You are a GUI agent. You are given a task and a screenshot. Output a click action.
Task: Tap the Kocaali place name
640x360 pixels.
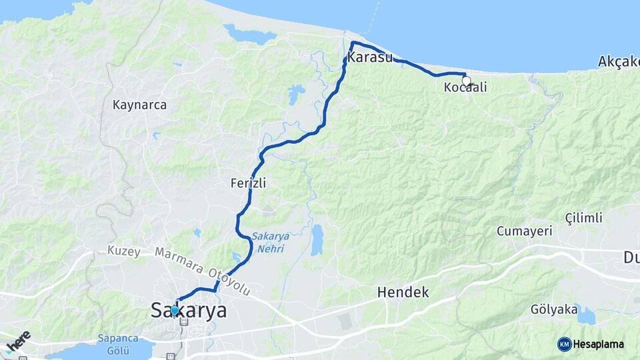(465, 87)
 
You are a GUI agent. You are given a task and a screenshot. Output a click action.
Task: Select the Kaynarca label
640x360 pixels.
(139, 105)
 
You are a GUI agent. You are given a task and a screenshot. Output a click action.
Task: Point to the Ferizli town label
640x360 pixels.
(247, 183)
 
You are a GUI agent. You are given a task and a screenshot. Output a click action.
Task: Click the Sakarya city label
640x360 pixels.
(189, 311)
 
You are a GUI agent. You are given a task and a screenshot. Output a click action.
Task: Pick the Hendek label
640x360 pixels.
(403, 292)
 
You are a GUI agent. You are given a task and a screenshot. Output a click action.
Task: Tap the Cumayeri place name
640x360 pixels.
(525, 231)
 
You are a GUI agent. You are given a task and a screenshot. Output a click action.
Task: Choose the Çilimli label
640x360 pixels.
(583, 218)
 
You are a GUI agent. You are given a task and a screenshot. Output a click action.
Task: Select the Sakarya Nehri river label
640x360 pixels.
(267, 242)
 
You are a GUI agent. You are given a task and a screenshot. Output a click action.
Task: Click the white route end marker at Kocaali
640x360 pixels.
(466, 81)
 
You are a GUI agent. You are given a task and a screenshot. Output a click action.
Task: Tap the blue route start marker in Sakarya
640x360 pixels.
(175, 310)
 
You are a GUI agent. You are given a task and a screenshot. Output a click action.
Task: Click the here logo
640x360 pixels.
(18, 341)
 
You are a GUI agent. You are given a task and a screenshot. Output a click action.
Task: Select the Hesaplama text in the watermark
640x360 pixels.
(599, 344)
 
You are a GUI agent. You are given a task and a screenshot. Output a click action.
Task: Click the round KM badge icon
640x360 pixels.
(565, 344)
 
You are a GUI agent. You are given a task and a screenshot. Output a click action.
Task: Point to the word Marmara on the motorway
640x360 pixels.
(179, 261)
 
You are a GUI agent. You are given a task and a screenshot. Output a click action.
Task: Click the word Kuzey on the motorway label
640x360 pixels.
(123, 251)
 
